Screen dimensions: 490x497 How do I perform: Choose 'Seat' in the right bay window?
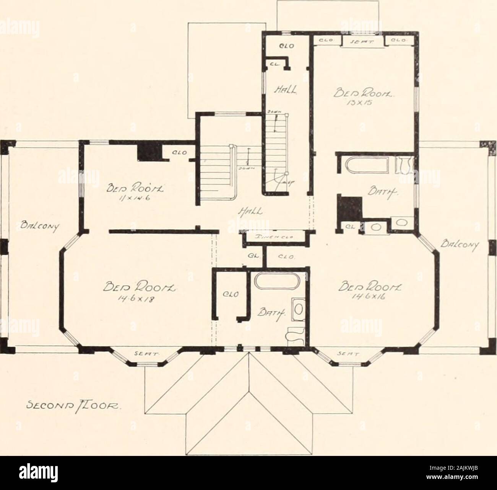344,354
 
